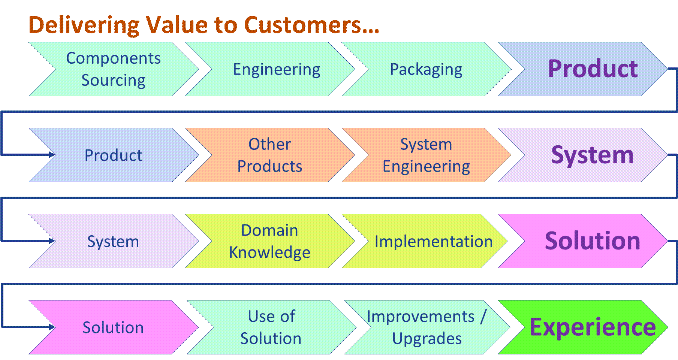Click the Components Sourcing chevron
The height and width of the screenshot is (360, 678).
[113, 69]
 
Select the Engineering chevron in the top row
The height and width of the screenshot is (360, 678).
[276, 69]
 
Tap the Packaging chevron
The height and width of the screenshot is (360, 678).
[426, 69]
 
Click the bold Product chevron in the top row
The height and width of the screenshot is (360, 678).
[592, 69]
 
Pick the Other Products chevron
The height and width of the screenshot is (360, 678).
[269, 155]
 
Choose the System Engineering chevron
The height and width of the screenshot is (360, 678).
[426, 155]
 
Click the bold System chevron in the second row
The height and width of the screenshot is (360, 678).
[592, 155]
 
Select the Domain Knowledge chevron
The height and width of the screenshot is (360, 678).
[269, 241]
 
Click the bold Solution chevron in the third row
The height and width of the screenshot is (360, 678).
[592, 241]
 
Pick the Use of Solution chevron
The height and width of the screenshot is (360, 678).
[271, 327]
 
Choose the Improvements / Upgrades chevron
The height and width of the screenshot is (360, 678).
[427, 327]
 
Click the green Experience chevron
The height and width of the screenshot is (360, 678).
[592, 327]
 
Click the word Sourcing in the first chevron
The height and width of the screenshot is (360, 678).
[113, 80]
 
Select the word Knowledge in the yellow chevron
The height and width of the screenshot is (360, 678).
[269, 252]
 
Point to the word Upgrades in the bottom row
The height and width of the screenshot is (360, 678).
[427, 338]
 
